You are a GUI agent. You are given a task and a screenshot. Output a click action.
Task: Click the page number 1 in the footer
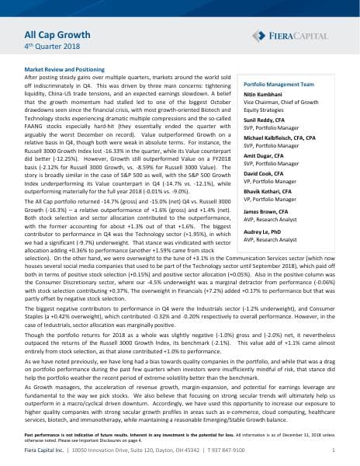pos(332,450)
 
